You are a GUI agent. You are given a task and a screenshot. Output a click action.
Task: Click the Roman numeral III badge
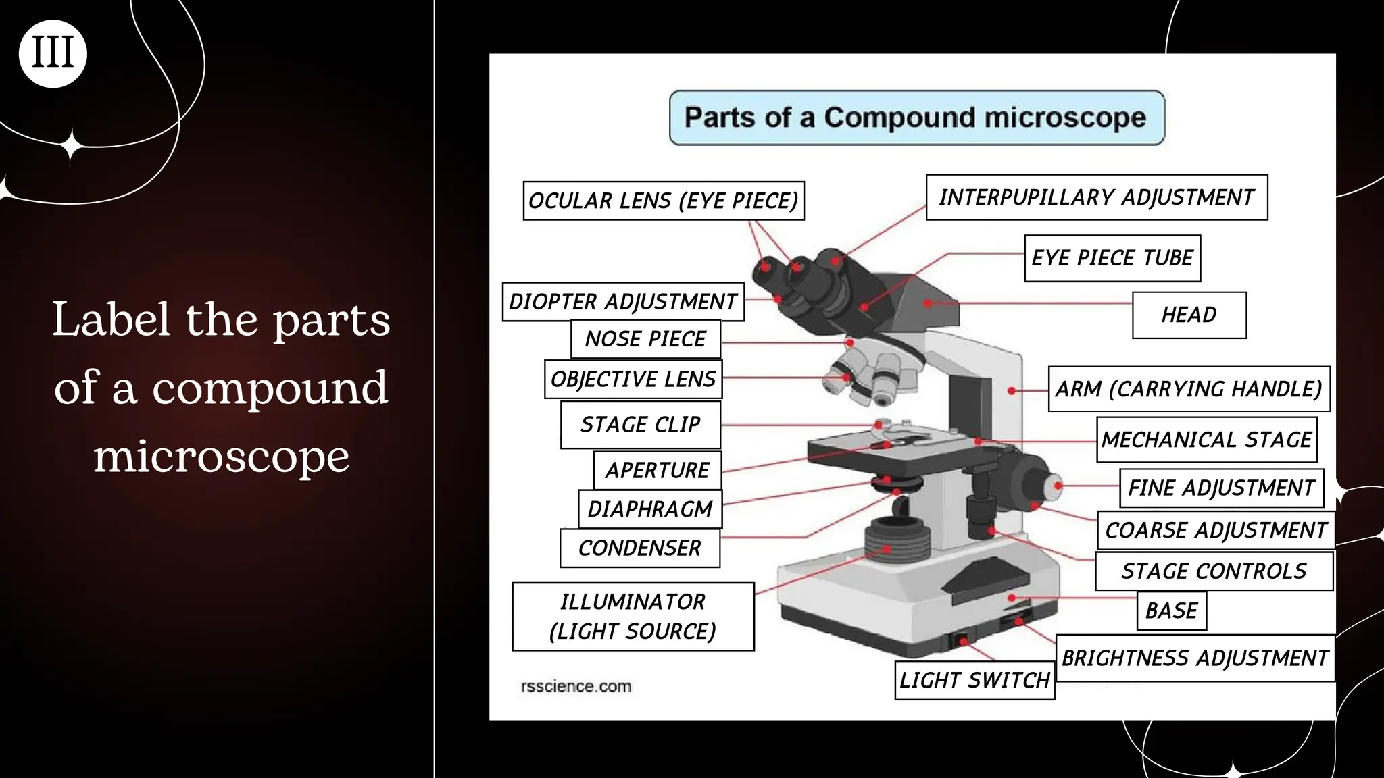53,53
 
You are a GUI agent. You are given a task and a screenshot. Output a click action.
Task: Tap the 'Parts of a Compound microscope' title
916,118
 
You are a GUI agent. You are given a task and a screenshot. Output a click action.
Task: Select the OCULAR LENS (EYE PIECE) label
663,201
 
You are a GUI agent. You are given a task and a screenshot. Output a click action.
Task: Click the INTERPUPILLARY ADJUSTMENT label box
1096,197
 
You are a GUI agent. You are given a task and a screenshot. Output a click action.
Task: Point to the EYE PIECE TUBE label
1112,258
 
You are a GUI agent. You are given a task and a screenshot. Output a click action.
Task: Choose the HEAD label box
1189,315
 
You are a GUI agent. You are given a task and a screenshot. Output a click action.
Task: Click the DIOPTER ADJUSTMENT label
622,301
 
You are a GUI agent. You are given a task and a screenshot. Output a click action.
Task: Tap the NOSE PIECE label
645,338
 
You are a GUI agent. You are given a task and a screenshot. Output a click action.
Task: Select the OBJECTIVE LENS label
633,379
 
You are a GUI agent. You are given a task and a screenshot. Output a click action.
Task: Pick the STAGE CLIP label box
640,425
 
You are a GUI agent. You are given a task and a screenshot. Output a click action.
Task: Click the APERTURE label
657,470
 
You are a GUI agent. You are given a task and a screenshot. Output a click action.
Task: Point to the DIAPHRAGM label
649,509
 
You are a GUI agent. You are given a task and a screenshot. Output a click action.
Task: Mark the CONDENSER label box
639,548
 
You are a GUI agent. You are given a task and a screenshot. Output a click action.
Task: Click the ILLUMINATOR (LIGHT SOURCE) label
633,617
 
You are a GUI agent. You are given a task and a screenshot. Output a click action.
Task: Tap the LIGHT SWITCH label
974,680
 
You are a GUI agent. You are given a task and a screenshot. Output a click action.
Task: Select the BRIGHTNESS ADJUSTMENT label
1194,658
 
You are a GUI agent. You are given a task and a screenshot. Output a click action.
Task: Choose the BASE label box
1171,611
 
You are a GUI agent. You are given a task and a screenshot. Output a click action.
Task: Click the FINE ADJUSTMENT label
1221,488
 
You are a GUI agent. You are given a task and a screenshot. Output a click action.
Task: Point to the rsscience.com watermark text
576,686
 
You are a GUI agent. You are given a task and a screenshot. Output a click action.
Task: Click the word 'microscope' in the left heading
221,457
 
